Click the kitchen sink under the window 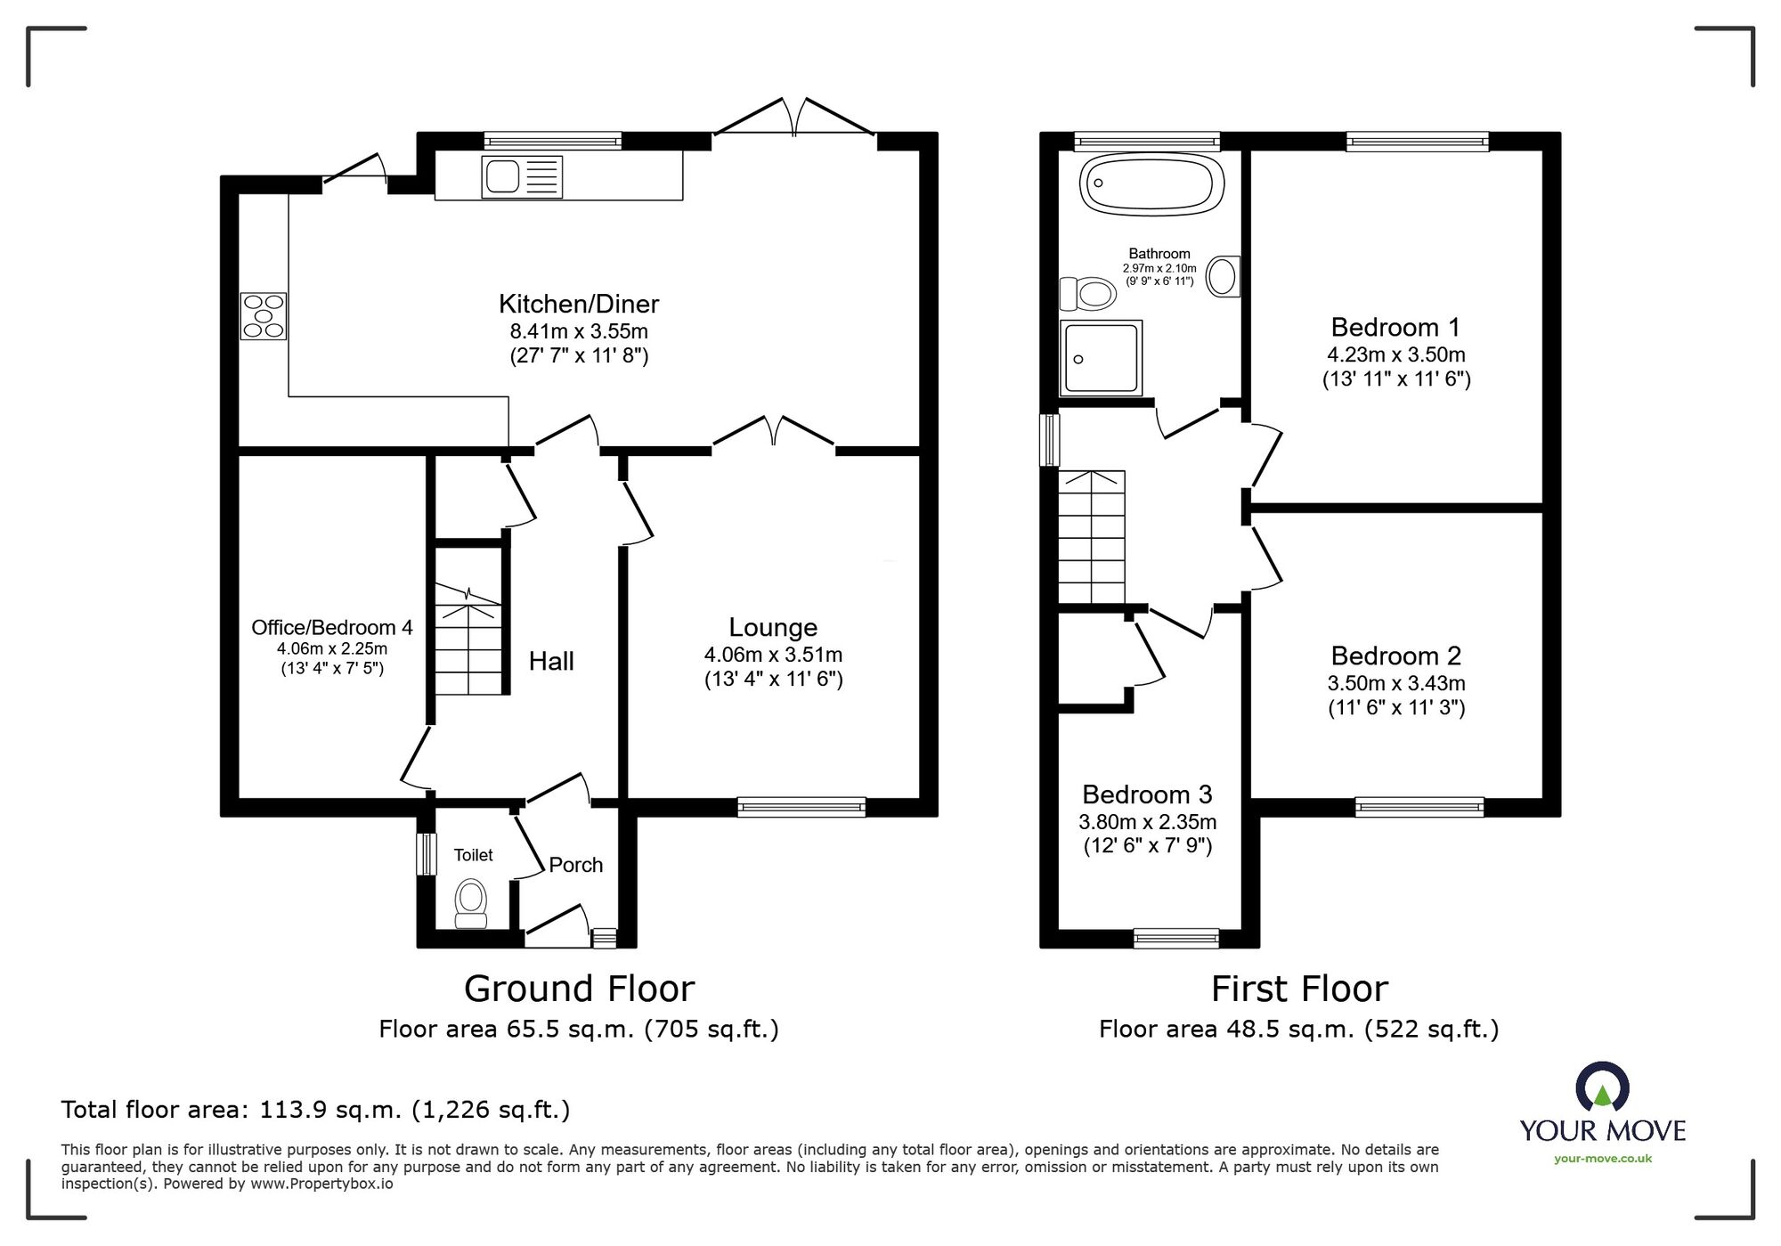(x=522, y=176)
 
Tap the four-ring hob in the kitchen (x=264, y=316)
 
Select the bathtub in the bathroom (x=1151, y=185)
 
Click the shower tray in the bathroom (x=1102, y=357)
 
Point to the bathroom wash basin (x=1224, y=276)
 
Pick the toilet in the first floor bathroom (x=1087, y=293)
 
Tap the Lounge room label (x=773, y=628)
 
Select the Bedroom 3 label (x=1148, y=794)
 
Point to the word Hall (x=551, y=661)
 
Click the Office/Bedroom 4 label (x=332, y=627)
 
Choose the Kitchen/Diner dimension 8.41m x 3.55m (x=579, y=331)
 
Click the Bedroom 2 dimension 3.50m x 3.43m (x=1396, y=683)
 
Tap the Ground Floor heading (x=579, y=989)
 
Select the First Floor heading (x=1299, y=989)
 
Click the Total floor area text (x=315, y=1110)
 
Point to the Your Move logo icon (x=1602, y=1087)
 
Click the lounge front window (x=801, y=807)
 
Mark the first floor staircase (x=1092, y=537)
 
